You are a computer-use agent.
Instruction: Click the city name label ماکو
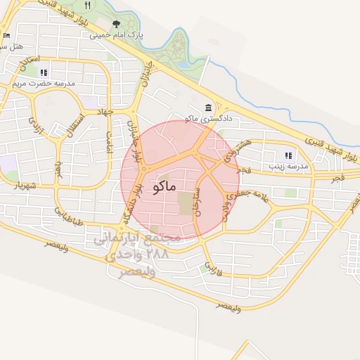pos(164,188)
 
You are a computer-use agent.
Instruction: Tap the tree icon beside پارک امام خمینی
pos(116,23)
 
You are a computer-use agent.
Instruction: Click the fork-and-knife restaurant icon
pos(87,5)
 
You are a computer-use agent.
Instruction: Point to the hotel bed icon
pos(6,34)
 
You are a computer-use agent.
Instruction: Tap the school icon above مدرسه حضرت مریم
pos(44,72)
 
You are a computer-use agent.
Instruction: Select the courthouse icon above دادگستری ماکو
pos(209,108)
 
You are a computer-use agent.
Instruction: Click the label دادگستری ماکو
pos(208,119)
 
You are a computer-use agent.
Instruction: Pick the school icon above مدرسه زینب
pos(287,155)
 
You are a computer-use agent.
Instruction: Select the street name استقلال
pos(76,126)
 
